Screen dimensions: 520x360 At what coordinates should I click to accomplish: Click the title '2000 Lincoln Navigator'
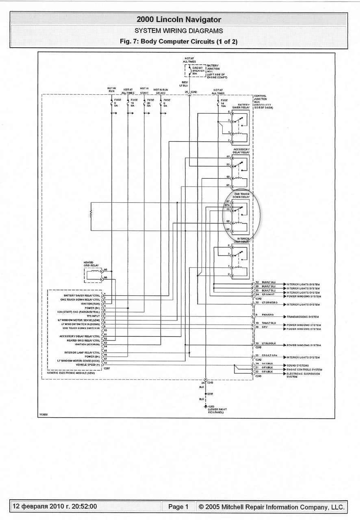pyautogui.click(x=179, y=19)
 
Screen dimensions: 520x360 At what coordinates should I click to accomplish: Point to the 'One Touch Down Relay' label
pyautogui.click(x=241, y=195)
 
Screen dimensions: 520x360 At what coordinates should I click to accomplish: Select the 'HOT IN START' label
pyautogui.click(x=144, y=90)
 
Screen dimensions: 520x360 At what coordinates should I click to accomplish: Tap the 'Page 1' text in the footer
pyautogui.click(x=178, y=507)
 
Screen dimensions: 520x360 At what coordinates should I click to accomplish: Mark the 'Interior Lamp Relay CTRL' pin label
pyautogui.click(x=82, y=352)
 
